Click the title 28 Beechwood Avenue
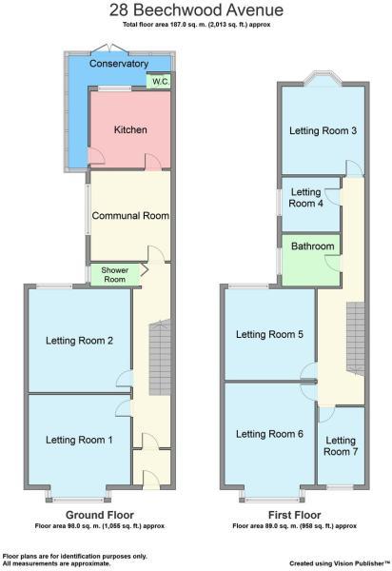tap(195, 10)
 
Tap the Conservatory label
tap(118, 64)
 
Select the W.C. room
tap(161, 83)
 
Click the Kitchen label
tap(130, 129)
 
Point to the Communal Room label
tap(129, 216)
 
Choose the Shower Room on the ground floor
tap(113, 274)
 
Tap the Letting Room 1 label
tap(79, 439)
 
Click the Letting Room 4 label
tap(306, 197)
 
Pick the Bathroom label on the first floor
tap(313, 246)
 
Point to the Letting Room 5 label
tap(269, 334)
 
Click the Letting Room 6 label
tap(269, 434)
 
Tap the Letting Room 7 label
tap(343, 445)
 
